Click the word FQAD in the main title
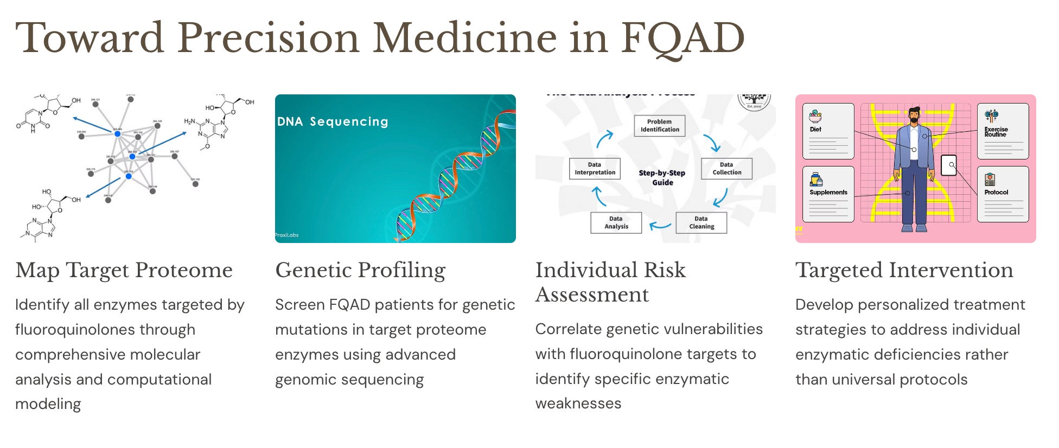pos(682,38)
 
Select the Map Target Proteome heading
pos(124,270)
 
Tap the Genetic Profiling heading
pos(360,270)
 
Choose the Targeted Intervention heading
pos(904,270)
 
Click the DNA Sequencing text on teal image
pos(333,121)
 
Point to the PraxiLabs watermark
pos(287,235)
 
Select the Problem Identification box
pos(660,126)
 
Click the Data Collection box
pos(726,169)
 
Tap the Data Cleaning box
pos(701,223)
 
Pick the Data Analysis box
pos(616,223)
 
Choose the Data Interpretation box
pos(595,169)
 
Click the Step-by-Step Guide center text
pos(662,177)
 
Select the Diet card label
pos(815,130)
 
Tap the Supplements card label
pos(828,193)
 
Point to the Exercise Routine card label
pos(996,132)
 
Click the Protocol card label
pos(996,193)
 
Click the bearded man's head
pos(915,115)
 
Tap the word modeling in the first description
pos(48,404)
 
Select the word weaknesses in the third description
pos(578,404)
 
